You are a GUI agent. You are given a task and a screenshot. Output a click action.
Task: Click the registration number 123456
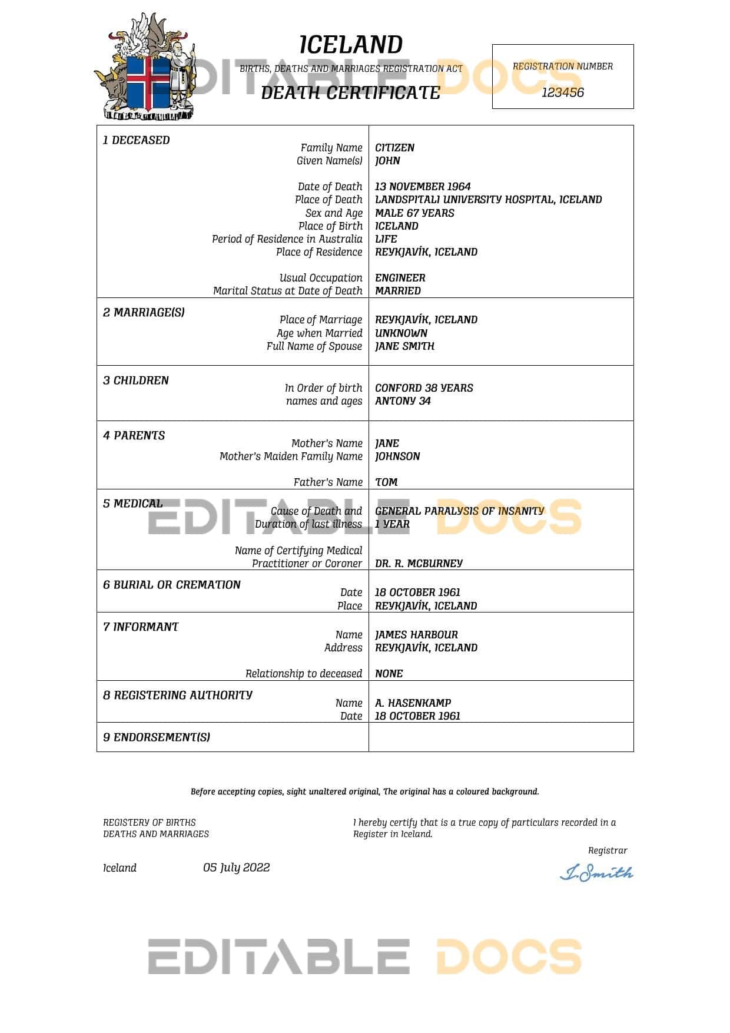tap(562, 92)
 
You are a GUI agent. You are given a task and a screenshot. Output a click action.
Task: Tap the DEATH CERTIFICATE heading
tap(350, 92)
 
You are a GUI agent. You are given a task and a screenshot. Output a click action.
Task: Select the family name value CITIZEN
tap(394, 148)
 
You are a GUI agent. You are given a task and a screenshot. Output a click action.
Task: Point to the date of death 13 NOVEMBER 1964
tap(423, 187)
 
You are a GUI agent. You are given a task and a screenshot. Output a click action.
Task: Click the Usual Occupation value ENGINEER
tap(400, 278)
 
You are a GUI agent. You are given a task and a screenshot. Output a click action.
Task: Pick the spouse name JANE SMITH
tap(404, 346)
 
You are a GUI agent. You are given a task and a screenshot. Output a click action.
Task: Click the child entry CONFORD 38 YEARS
tap(424, 388)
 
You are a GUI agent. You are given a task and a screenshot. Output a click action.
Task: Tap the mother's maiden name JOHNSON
tap(397, 456)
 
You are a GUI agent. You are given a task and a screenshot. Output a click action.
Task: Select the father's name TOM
tap(386, 482)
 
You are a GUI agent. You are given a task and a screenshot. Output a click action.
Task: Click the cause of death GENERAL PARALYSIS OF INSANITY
tap(459, 511)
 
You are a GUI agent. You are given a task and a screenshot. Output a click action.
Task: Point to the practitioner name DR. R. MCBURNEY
tap(419, 564)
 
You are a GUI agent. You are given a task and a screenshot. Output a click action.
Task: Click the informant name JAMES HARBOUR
tap(416, 635)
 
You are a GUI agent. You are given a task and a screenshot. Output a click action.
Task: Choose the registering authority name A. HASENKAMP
tap(413, 703)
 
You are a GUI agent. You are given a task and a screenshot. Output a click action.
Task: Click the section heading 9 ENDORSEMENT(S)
tap(157, 737)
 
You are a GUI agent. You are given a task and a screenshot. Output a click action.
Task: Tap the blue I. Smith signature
tap(596, 873)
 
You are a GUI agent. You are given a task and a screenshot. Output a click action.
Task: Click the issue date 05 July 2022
tap(236, 868)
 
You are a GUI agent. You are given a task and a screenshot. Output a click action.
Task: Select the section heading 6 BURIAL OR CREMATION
tap(172, 585)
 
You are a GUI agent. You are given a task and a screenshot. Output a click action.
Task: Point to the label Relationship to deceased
tap(304, 674)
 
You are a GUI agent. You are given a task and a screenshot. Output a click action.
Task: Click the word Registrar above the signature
tap(608, 850)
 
